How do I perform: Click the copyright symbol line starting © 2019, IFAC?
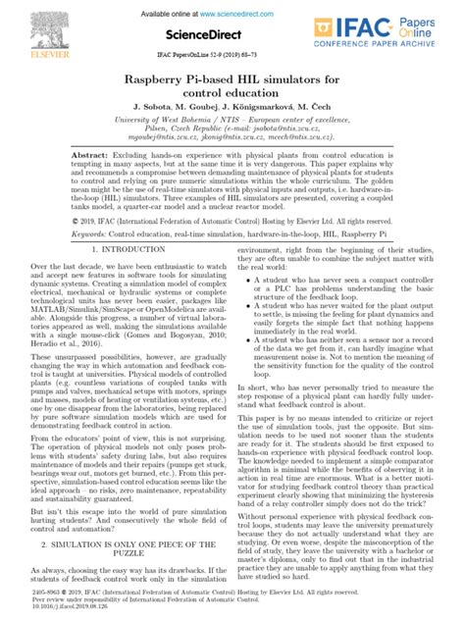[x=232, y=249]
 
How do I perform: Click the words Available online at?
[x=178, y=14]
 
